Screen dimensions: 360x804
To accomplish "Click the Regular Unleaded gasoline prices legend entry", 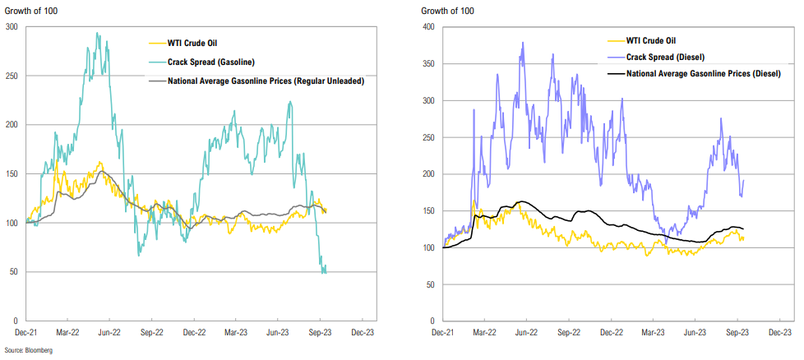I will tap(265, 81).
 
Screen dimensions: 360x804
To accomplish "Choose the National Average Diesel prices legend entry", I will tap(704, 73).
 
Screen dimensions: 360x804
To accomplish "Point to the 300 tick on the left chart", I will tap(13, 27).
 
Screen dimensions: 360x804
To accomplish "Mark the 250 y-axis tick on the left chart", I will tap(13, 76).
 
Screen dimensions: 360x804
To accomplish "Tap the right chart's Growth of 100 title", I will tap(446, 11).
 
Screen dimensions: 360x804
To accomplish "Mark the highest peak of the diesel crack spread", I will tap(523, 43).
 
